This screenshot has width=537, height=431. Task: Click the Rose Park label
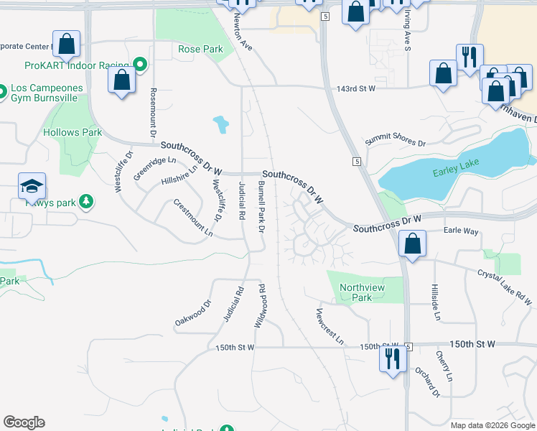click(200, 50)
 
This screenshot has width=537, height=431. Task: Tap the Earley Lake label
click(455, 172)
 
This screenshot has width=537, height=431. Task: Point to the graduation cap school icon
click(32, 187)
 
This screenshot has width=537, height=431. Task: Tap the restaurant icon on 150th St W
click(392, 357)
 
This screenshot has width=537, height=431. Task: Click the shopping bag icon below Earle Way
click(413, 244)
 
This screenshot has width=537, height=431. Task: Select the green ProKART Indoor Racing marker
click(141, 65)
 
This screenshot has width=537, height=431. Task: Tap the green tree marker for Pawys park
click(86, 200)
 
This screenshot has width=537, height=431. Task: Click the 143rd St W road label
click(356, 89)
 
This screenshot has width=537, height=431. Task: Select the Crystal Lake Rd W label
click(506, 287)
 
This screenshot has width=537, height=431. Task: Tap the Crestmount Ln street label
click(193, 218)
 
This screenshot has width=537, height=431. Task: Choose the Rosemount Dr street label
click(153, 113)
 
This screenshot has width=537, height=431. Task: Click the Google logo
click(24, 422)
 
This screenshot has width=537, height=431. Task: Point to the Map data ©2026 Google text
click(492, 425)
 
